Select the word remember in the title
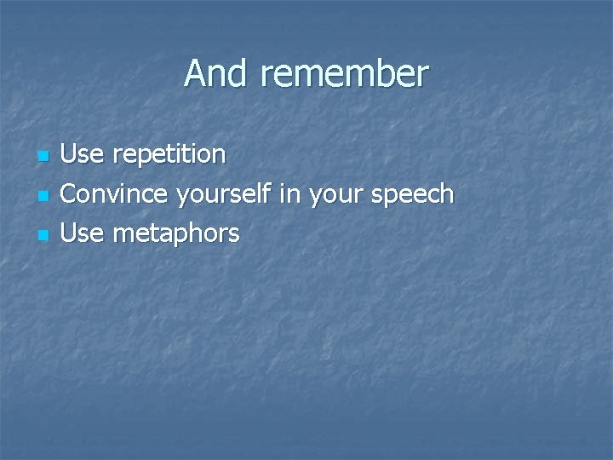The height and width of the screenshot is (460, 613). coord(344,74)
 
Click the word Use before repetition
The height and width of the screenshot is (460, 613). coord(83,155)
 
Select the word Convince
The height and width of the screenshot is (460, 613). coord(116,194)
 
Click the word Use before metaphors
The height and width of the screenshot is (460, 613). coord(83,233)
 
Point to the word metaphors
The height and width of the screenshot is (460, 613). coord(175,234)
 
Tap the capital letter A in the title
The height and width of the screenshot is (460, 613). coord(195,74)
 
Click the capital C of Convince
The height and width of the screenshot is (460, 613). coord(70,194)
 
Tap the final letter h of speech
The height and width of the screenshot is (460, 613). coord(447,194)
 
